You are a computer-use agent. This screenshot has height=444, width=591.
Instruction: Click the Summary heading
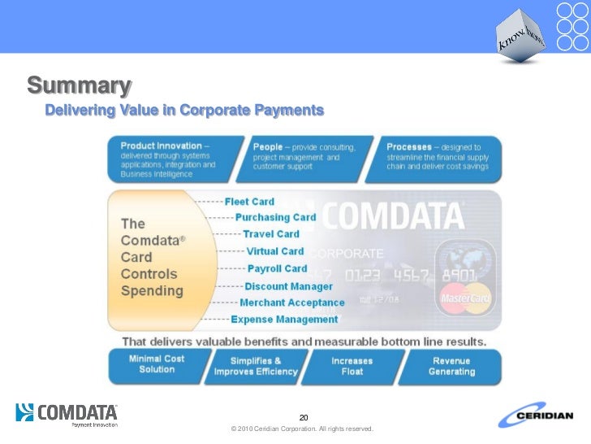[79, 85]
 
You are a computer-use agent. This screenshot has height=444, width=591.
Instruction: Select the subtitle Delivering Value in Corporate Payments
[184, 110]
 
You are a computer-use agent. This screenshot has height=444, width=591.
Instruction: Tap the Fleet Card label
[249, 202]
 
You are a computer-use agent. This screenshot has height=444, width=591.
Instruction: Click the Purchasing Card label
[275, 218]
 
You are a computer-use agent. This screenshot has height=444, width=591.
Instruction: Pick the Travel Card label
[271, 234]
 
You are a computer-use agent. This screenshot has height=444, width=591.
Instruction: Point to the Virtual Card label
[274, 251]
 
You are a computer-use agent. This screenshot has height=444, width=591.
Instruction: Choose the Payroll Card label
[277, 268]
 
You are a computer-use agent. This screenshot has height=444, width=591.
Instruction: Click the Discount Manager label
[288, 286]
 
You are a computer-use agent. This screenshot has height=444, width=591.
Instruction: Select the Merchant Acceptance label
[292, 303]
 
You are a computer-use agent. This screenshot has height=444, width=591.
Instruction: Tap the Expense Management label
[284, 320]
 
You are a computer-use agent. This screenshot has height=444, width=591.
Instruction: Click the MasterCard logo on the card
[464, 298]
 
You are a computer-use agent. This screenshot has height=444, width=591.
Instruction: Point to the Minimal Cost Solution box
[157, 364]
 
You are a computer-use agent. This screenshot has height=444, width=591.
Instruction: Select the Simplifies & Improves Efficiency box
[255, 366]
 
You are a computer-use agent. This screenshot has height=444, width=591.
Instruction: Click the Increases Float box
[352, 366]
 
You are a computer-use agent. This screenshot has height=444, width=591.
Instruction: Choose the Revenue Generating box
[451, 366]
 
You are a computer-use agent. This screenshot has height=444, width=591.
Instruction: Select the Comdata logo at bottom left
[67, 414]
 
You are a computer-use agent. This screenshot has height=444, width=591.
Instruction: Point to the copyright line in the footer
[301, 429]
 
